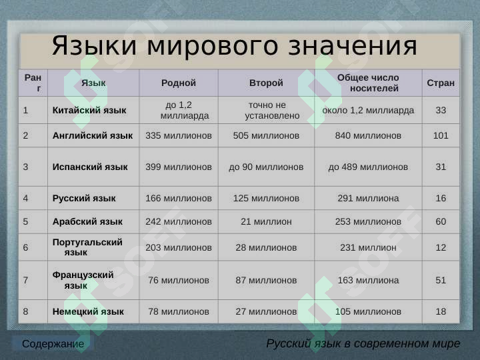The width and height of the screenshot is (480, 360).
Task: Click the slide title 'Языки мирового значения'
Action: [235, 47]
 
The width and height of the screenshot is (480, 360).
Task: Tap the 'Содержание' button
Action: [53, 344]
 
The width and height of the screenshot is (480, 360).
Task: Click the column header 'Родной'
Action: [179, 83]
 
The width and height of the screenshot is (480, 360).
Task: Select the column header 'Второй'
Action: [266, 83]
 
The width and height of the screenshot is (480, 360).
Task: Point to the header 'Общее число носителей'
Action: [368, 83]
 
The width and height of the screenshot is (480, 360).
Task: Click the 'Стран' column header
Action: [441, 83]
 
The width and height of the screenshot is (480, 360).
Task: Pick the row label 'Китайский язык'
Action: [89, 110]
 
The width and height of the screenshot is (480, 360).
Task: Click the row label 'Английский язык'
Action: [93, 135]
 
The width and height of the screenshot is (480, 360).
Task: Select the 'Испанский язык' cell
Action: [90, 167]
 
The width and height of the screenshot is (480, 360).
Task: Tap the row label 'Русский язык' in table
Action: [84, 198]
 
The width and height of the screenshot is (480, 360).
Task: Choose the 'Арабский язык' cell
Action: [87, 221]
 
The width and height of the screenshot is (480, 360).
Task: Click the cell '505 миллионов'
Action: [266, 135]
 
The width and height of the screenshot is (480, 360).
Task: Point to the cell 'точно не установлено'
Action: [266, 110]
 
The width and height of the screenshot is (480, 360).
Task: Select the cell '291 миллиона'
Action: [368, 198]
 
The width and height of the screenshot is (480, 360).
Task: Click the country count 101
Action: [441, 135]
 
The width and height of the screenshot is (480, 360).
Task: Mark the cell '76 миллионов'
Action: [179, 280]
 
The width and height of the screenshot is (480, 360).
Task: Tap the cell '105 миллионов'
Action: [368, 311]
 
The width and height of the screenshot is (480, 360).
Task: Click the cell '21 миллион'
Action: [266, 221]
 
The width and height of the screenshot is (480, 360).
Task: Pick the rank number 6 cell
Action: [25, 247]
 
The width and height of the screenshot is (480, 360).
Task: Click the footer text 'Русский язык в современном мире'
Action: [363, 344]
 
